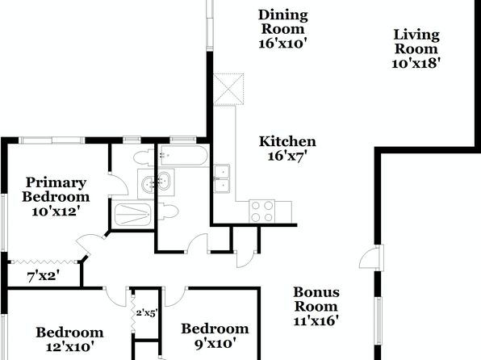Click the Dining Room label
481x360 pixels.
pyautogui.click(x=282, y=22)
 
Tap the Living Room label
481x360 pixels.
pyautogui.click(x=416, y=41)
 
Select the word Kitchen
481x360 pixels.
pyautogui.click(x=287, y=141)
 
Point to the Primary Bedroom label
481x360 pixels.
pyautogui.click(x=56, y=190)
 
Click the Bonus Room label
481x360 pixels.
pyautogui.click(x=316, y=299)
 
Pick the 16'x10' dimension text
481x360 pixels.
pyautogui.click(x=282, y=44)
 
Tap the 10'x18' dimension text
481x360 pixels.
pyautogui.click(x=416, y=63)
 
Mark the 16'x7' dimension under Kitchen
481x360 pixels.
pyautogui.click(x=287, y=156)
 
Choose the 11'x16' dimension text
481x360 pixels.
pyautogui.click(x=316, y=320)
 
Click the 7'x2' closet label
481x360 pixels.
pyautogui.click(x=44, y=277)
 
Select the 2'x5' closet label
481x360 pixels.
pyautogui.click(x=147, y=313)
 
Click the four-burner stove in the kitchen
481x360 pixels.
pyautogui.click(x=262, y=211)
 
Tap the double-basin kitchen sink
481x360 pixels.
pyautogui.click(x=222, y=179)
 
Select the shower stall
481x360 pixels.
pyautogui.click(x=132, y=215)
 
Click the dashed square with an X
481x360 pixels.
pyautogui.click(x=228, y=90)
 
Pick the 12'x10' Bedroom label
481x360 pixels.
pyautogui.click(x=69, y=340)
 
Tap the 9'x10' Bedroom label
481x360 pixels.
pyautogui.click(x=215, y=336)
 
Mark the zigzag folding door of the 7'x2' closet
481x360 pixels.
pyautogui.click(x=44, y=262)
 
